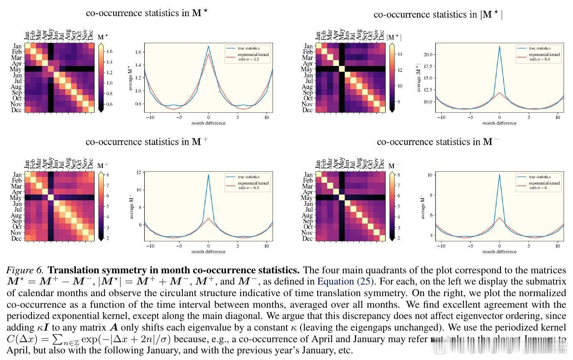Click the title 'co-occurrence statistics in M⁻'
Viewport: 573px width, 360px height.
pos(438,142)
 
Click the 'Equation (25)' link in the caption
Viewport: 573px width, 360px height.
pos(346,282)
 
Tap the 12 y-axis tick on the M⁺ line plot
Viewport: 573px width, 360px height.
pos(139,172)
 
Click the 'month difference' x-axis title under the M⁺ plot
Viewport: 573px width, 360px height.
pos(209,252)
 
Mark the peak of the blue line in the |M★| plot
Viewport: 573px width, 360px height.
pos(499,46)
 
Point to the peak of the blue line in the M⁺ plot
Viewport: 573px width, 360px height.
pos(208,175)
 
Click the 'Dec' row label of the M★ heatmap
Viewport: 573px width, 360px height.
pos(17,110)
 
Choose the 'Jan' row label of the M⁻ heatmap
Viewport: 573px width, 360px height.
pos(308,175)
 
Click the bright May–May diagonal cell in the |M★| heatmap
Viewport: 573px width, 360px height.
pos(342,69)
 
